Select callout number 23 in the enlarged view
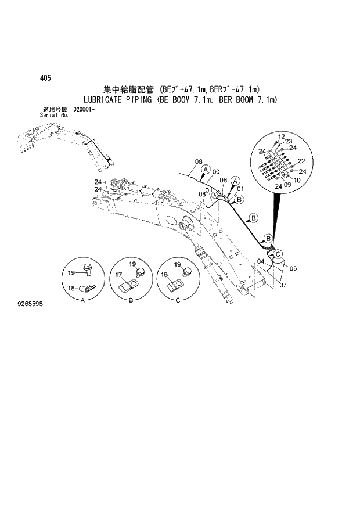(288, 141)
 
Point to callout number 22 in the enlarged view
(301, 161)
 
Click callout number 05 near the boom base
(293, 268)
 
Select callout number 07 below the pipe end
(282, 285)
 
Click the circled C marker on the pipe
(278, 253)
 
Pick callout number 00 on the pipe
(216, 172)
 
